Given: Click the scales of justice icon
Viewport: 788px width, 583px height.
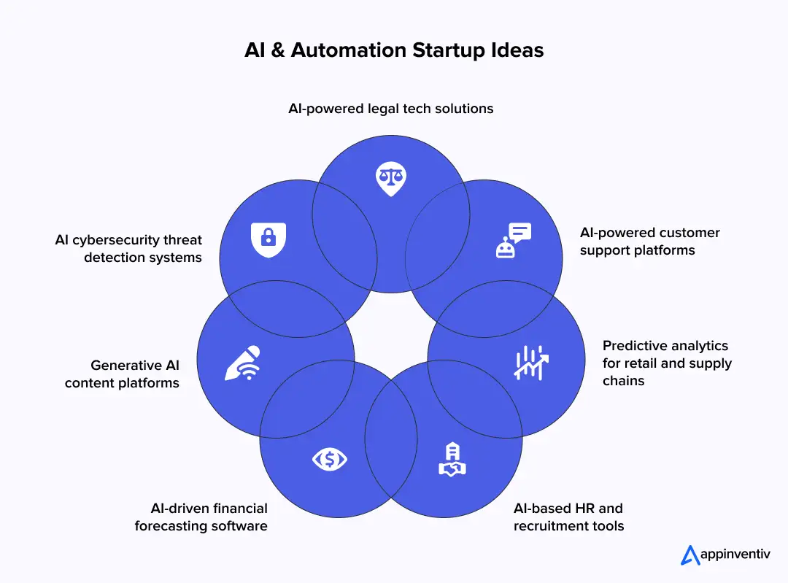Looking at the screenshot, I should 390,178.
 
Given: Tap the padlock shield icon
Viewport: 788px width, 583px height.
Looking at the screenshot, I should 268,239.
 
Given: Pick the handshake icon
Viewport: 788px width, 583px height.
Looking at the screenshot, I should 452,460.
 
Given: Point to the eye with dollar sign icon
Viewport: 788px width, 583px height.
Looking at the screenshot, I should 330,459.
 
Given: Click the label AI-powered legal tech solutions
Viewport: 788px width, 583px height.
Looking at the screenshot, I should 390,109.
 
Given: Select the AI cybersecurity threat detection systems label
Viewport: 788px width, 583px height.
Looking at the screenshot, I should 128,248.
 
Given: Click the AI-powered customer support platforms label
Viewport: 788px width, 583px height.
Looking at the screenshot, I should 649,241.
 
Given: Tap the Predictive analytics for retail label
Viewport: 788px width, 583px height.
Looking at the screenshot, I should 666,363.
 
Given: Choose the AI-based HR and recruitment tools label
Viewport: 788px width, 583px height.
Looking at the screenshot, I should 568,517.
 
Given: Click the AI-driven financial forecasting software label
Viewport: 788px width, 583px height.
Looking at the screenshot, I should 201,517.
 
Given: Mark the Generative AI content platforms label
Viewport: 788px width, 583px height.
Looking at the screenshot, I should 122,374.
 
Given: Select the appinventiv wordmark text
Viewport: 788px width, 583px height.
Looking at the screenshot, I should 735,555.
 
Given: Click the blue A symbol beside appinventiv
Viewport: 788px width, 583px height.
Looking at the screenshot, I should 689,555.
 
